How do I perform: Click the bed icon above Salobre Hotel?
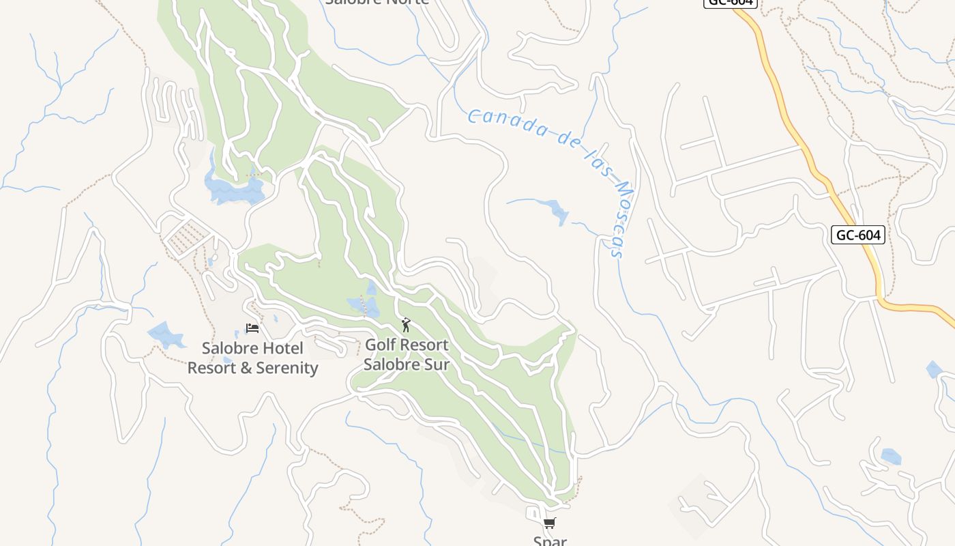(252, 328)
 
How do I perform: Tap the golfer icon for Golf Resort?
(406, 325)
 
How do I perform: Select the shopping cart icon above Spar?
(549, 523)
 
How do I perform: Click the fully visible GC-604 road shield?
(859, 235)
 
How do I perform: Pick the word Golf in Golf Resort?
(381, 345)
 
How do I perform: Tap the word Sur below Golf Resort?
(437, 364)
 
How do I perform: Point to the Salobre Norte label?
(377, 2)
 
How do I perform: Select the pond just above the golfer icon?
(364, 304)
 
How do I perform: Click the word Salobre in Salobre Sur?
(391, 364)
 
